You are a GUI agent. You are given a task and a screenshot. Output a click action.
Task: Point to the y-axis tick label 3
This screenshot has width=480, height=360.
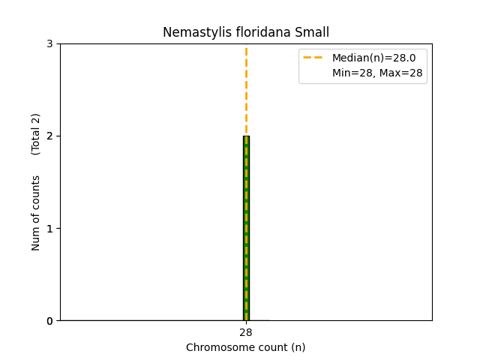pyautogui.click(x=49, y=43)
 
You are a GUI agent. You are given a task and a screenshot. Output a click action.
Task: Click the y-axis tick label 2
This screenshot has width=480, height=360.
pyautogui.click(x=49, y=136)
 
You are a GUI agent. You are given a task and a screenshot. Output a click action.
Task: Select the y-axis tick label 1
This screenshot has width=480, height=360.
pyautogui.click(x=49, y=228)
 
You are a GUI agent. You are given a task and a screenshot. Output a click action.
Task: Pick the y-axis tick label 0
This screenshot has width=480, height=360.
pyautogui.click(x=49, y=321)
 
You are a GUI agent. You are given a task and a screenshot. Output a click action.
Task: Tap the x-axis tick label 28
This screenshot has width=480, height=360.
pyautogui.click(x=246, y=332)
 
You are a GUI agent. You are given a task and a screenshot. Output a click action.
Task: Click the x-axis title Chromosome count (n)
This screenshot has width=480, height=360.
pyautogui.click(x=246, y=347)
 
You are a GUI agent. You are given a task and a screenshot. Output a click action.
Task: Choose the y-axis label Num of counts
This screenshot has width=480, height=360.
pyautogui.click(x=36, y=213)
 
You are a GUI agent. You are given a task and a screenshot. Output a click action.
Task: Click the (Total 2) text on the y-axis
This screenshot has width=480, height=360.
pyautogui.click(x=36, y=134)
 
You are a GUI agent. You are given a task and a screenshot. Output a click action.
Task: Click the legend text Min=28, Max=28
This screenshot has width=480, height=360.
pyautogui.click(x=377, y=73)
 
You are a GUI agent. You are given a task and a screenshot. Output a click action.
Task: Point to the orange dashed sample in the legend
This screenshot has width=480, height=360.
pyautogui.click(x=313, y=58)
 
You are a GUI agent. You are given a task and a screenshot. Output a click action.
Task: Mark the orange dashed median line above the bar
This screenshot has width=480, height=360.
pyautogui.click(x=246, y=90)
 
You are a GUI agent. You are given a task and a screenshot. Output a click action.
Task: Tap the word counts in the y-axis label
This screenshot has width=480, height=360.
pyautogui.click(x=36, y=193)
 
